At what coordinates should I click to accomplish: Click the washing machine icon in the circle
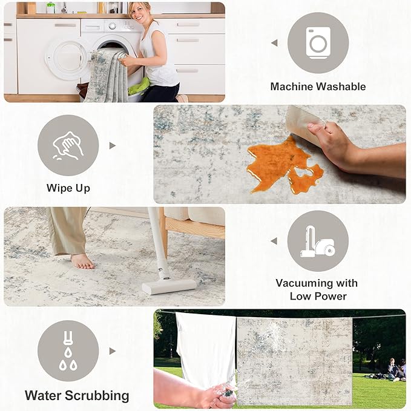[x=318, y=42]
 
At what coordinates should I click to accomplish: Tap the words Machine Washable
[x=318, y=87]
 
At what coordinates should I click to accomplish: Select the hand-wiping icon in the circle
[x=68, y=145]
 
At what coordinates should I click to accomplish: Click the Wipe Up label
[x=68, y=188]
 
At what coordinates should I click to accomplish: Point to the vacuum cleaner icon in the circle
[x=318, y=241]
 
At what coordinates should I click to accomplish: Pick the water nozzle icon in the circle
[x=68, y=350]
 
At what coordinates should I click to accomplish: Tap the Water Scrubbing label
[x=77, y=396]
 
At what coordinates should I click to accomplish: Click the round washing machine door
[x=67, y=59]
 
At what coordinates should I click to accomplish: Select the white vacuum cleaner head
[x=169, y=285]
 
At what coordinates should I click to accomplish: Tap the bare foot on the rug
[x=82, y=261]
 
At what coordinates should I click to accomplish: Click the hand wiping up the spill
[x=330, y=143]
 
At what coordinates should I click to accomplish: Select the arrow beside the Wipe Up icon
[x=112, y=145]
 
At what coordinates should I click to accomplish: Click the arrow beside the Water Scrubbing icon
[x=112, y=350]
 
